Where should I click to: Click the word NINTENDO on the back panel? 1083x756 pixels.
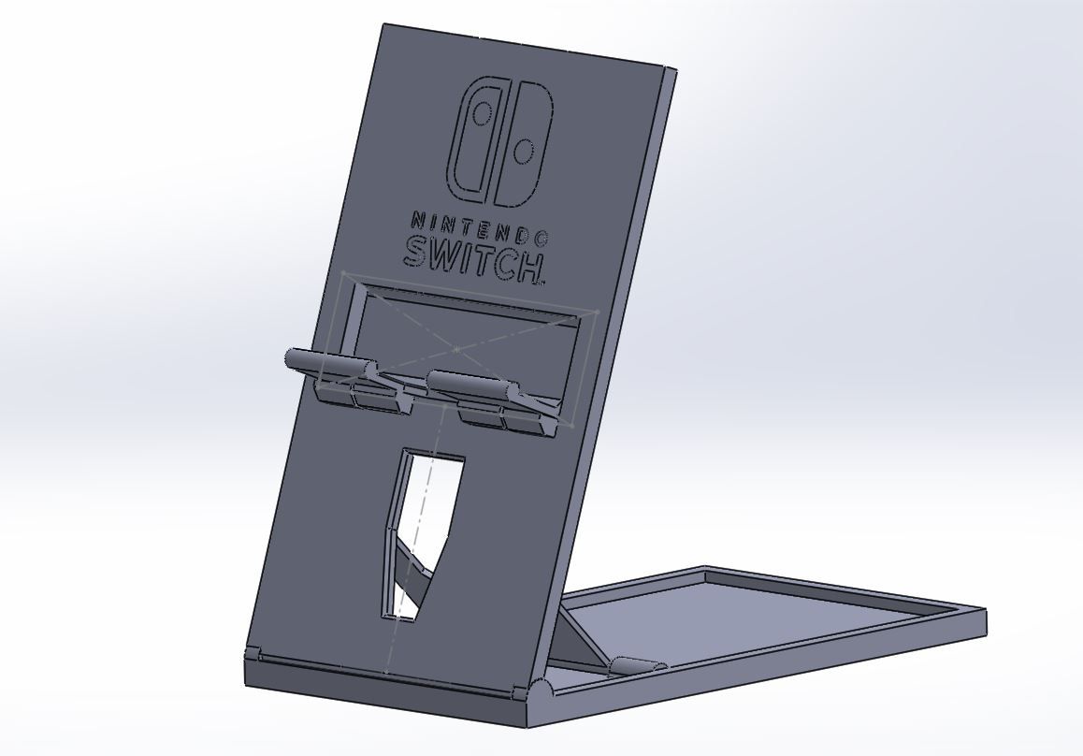pos(480,228)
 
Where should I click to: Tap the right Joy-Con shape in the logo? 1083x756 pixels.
pos(525,145)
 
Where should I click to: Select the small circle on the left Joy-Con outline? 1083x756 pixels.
pos(483,115)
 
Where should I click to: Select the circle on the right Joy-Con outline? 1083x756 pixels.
pos(525,151)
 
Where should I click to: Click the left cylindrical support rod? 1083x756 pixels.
pos(327,362)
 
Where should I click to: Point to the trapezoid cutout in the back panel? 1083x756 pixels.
pos(423,524)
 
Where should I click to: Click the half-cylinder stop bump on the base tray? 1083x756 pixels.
pos(636,666)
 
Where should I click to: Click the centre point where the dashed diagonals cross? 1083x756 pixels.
pos(456,349)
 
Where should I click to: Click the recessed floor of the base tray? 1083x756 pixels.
pos(748,622)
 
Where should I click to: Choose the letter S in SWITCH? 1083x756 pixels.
pos(417,251)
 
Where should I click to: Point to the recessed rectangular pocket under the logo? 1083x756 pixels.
pos(468,327)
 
